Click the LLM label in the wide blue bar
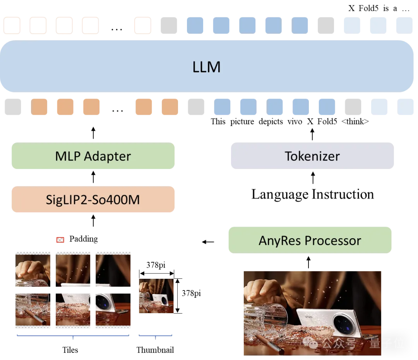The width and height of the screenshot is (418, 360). [x=206, y=67]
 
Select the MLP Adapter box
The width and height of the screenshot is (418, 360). [x=93, y=156]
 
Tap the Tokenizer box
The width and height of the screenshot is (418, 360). [x=312, y=156]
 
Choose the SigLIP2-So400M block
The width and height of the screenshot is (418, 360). [x=93, y=200]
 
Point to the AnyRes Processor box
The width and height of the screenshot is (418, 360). [x=310, y=240]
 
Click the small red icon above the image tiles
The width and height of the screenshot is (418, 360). [x=60, y=240]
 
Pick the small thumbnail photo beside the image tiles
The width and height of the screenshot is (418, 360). [x=156, y=296]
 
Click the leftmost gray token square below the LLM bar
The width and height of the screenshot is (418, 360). [x=12, y=107]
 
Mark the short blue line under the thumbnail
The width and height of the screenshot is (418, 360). [x=155, y=336]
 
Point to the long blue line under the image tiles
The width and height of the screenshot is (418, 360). [x=73, y=336]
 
